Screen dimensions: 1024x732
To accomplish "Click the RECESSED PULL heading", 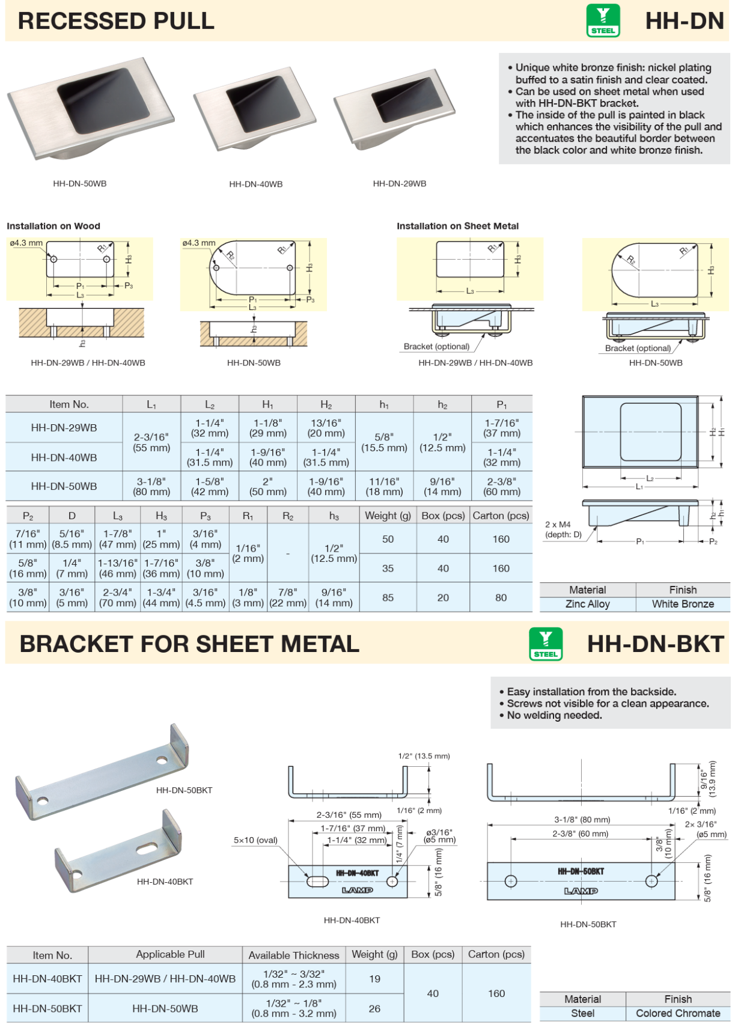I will coord(116,21).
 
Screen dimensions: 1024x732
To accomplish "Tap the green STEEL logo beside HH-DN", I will coord(603,21).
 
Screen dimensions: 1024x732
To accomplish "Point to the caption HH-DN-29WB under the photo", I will coord(399,184).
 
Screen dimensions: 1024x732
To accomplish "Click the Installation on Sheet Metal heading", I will coord(457,226).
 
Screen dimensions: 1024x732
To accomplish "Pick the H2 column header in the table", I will coord(326,404).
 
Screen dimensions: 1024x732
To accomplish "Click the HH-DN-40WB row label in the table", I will coord(64,457).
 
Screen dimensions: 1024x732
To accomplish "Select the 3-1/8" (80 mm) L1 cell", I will coord(151,486).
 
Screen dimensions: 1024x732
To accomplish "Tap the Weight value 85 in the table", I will coord(388,598).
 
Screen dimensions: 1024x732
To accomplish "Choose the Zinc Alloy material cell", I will coord(587,604).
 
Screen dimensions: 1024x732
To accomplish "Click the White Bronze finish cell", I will coord(683,604).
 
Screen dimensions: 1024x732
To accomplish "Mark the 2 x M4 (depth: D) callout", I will coord(563,529).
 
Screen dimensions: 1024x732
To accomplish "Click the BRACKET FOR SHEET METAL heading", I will coord(189,644).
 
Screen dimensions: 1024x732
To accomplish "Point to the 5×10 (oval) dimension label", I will coord(255,840).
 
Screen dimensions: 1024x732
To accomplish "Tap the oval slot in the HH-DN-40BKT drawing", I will coord(317,882).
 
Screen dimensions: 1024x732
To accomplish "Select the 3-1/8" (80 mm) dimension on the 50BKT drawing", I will coord(582,820).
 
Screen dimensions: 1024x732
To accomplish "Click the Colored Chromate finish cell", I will coord(678,1013).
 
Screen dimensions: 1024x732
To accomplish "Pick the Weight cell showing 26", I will coord(374,1008).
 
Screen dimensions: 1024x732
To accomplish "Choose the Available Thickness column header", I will coord(294,955).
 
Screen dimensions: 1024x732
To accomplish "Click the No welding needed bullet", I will coord(554,715).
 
